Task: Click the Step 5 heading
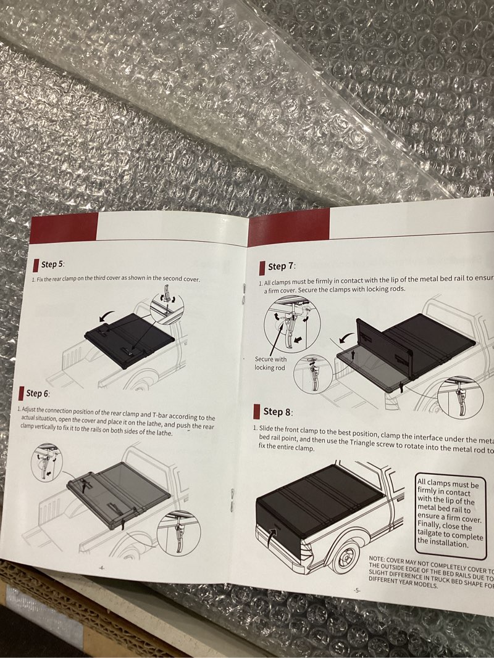(x=52, y=265)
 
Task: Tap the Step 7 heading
(x=281, y=266)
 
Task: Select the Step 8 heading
(x=277, y=411)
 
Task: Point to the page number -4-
(x=101, y=568)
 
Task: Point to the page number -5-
(x=357, y=590)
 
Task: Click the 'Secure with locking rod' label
(x=270, y=363)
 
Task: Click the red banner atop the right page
(x=288, y=228)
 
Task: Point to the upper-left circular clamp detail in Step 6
(x=46, y=463)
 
